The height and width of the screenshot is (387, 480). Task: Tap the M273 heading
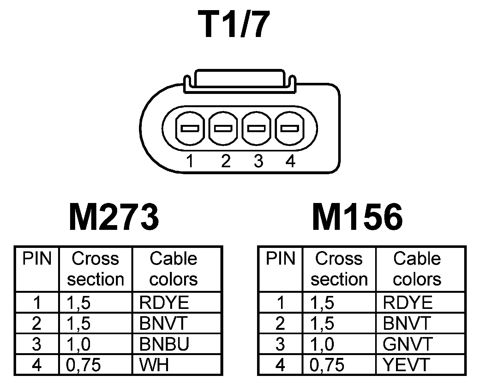114,217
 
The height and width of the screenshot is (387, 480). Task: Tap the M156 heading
357,217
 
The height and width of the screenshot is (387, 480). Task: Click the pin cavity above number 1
189,129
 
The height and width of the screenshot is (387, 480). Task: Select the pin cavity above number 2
223,129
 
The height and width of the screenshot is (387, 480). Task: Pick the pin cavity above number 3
256,129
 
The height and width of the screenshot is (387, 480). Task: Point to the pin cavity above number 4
290,129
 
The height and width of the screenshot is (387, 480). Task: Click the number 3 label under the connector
258,162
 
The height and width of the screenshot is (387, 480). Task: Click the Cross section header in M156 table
339,269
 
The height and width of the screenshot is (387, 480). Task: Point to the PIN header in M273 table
37,259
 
